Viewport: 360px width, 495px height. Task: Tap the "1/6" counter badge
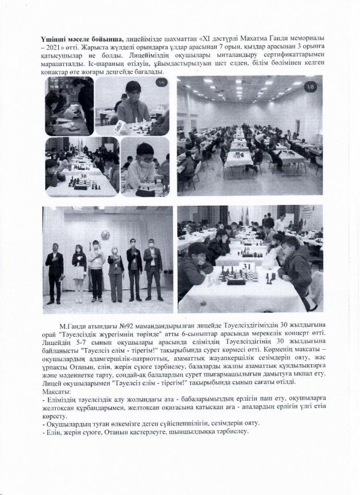coord(162,82)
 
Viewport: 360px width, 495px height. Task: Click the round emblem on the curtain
coord(105,234)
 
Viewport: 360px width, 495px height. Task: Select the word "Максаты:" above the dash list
coord(58,391)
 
